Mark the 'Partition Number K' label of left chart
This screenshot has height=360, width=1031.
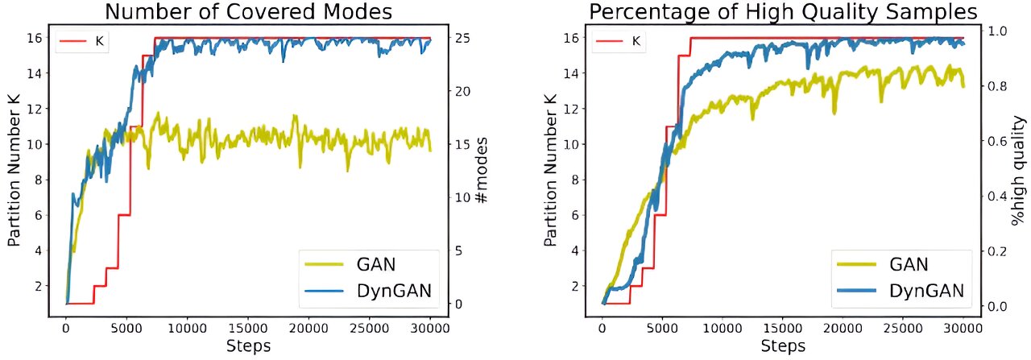[x=14, y=171]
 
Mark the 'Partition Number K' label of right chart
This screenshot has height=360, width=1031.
[x=550, y=171]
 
